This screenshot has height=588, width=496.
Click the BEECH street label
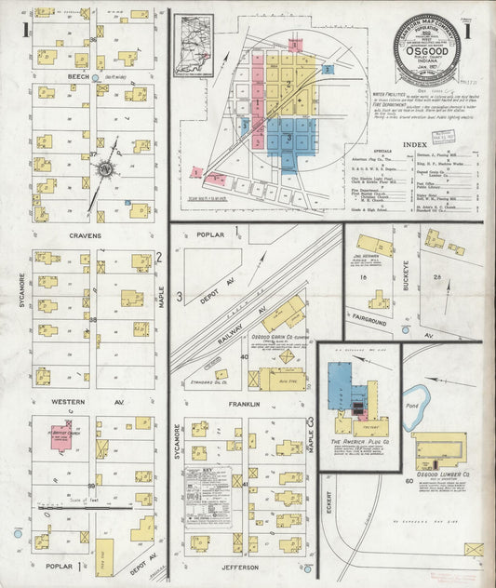click(x=77, y=78)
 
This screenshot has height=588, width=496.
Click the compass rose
click(x=105, y=170)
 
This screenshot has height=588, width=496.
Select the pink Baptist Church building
click(x=62, y=436)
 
